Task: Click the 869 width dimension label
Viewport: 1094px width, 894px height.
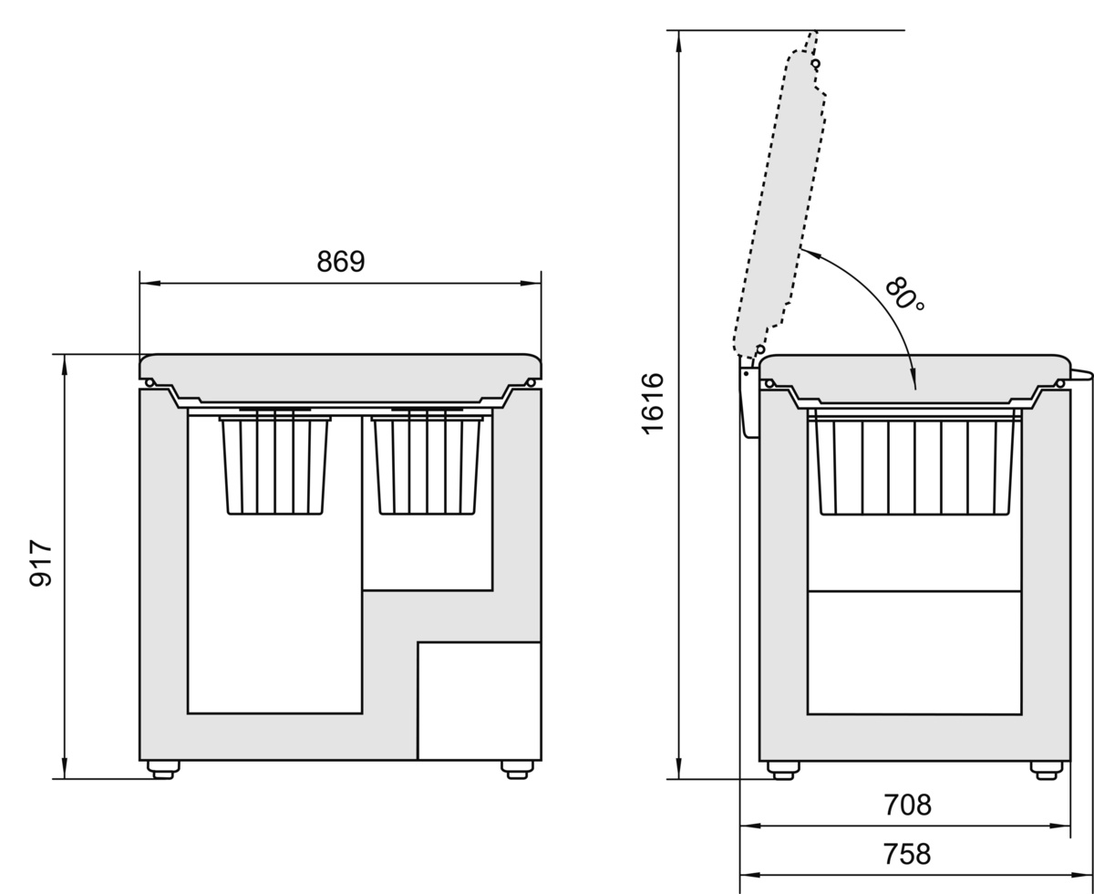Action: pos(341,261)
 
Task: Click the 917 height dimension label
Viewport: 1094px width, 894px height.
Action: pos(40,563)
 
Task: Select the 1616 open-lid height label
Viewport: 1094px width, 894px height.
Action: pos(652,403)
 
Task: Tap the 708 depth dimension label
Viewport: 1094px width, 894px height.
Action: pos(907,805)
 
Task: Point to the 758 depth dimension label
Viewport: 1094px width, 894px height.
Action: pos(907,854)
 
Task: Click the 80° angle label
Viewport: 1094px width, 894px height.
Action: pos(903,295)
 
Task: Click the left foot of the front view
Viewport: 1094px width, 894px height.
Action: pos(163,769)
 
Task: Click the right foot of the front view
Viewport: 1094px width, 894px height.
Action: pos(517,769)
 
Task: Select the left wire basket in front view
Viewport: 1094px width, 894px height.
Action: pos(275,464)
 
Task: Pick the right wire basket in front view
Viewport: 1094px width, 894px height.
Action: pos(427,464)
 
